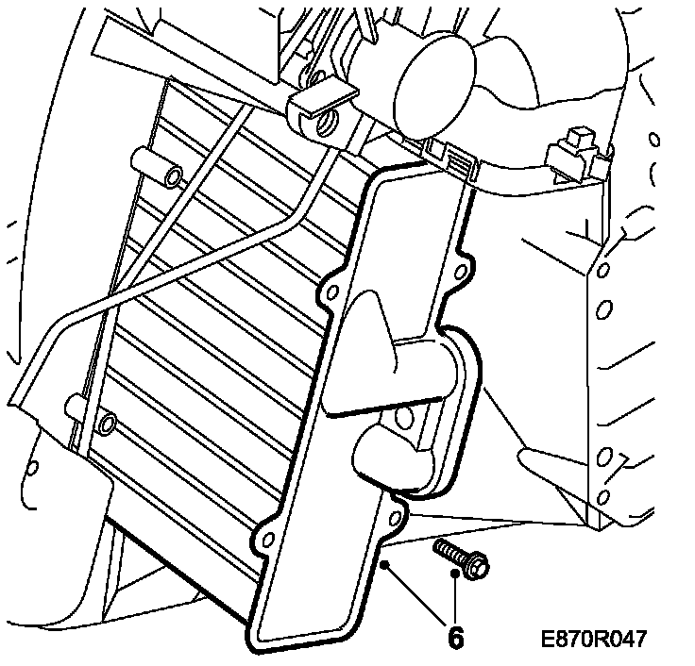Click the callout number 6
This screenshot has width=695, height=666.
coord(455,639)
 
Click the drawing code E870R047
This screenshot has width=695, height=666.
coord(594,640)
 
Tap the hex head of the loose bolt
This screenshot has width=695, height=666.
coord(476,567)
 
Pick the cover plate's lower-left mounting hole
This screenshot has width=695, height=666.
coord(266,540)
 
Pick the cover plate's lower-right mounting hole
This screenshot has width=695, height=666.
coord(394,516)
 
